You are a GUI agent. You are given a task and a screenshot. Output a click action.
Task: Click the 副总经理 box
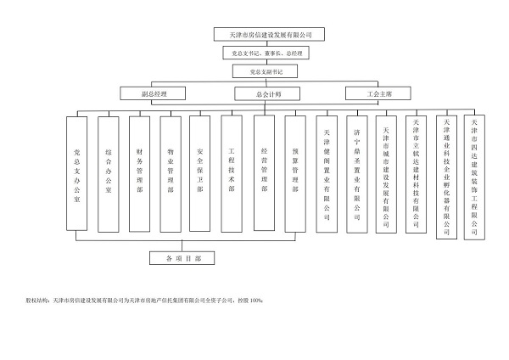click(153, 93)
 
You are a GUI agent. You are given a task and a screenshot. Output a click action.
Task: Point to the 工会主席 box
click(379, 93)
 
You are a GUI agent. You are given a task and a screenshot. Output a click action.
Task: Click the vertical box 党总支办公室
click(77, 173)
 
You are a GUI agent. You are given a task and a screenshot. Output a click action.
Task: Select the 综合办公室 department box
click(109, 173)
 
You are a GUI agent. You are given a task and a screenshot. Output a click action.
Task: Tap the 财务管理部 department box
click(139, 173)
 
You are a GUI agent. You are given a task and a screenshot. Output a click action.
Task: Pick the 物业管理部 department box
click(170, 173)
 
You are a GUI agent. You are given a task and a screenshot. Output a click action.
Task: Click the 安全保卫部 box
click(200, 173)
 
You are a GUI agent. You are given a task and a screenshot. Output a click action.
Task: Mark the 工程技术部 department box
click(232, 173)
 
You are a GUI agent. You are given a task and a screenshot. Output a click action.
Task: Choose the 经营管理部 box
click(264, 173)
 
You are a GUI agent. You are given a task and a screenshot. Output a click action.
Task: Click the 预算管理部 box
click(294, 173)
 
